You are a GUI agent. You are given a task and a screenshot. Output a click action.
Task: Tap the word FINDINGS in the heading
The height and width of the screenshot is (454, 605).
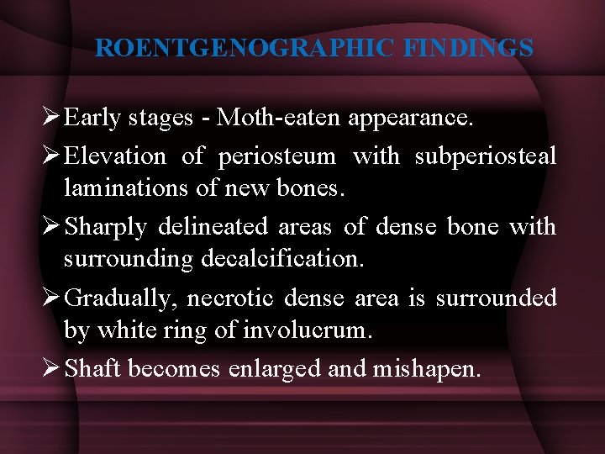click(468, 48)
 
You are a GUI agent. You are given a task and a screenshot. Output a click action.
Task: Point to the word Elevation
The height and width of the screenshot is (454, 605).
click(115, 156)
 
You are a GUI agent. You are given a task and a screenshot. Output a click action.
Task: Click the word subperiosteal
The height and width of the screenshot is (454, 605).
click(485, 156)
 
